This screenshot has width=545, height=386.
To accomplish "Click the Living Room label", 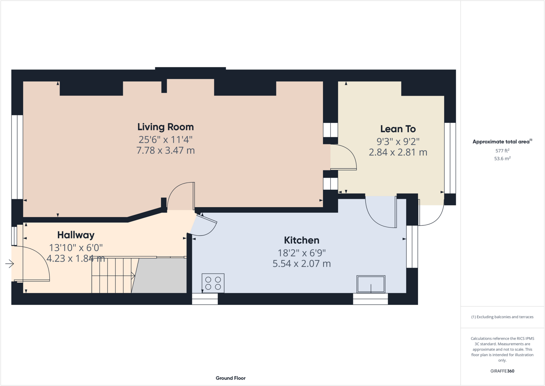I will [166, 127].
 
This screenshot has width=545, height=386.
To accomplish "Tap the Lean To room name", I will [398, 129].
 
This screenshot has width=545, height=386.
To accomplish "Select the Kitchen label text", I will [302, 241].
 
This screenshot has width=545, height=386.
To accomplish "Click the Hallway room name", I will [76, 235].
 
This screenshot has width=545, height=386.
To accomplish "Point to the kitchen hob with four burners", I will [213, 283].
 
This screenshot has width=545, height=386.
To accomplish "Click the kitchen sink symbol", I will [371, 284].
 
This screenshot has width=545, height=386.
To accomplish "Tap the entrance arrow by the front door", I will [10, 264].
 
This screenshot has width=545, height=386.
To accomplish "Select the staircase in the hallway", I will [112, 276].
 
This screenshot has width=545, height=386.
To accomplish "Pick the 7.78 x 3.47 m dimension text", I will [166, 151].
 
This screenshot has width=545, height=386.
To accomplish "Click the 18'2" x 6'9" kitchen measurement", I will [302, 253].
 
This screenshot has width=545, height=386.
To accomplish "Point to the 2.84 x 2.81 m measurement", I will [398, 152].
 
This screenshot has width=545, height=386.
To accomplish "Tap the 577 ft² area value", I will [502, 151].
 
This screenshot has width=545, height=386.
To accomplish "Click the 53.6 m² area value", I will [502, 159].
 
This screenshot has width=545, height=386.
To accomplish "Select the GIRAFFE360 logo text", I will [502, 371].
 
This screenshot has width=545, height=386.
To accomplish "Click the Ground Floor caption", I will [230, 378].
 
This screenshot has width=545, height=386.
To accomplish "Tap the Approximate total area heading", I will [501, 142].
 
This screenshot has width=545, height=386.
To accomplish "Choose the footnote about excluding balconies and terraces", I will [502, 317].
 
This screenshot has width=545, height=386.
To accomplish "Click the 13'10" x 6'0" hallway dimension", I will [76, 248].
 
